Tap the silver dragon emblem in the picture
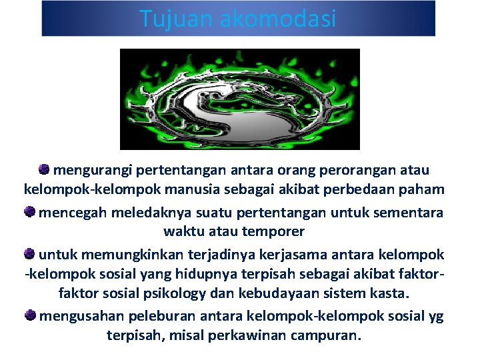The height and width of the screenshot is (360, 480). [239, 101]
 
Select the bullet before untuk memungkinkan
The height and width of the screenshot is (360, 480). [29, 254]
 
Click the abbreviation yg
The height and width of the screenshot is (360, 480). [436, 315]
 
